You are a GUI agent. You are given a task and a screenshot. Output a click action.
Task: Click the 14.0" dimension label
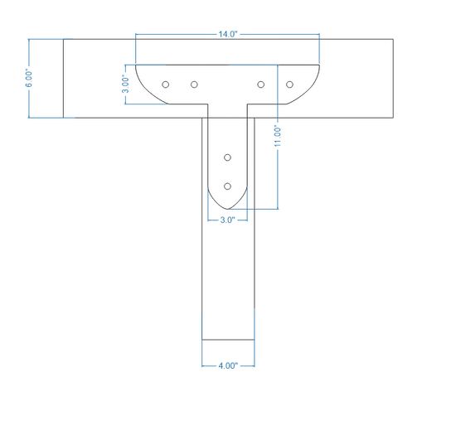tap(228, 34)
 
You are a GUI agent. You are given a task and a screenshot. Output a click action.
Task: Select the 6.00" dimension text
tap(29, 79)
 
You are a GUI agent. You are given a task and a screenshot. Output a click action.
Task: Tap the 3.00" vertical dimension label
tap(125, 84)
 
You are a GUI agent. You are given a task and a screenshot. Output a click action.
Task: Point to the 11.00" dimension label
tap(278, 136)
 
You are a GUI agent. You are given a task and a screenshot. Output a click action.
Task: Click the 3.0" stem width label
tap(227, 220)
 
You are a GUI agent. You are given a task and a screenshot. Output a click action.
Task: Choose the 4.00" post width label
tap(228, 365)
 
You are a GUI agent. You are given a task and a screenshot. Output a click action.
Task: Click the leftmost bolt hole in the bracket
tap(166, 85)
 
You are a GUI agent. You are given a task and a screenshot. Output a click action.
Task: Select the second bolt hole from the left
tap(194, 85)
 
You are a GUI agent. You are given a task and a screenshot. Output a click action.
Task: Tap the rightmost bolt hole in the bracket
tap(289, 85)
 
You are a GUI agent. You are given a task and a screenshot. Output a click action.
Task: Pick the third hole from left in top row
tap(261, 85)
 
